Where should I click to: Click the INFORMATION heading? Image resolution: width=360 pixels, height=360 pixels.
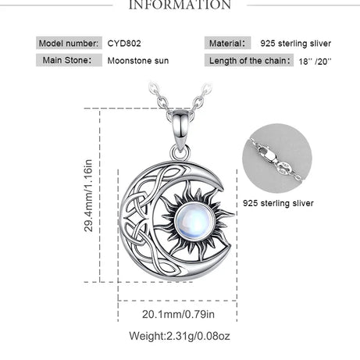[180, 5]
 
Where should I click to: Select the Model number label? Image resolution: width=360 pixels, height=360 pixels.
[69, 43]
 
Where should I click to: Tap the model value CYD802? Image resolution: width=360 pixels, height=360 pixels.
[124, 43]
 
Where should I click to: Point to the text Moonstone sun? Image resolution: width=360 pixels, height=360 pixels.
[138, 61]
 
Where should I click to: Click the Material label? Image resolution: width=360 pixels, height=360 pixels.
[227, 43]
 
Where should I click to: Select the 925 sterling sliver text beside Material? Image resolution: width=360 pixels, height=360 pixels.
[296, 44]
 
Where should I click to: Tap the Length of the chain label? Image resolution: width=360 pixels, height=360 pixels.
[250, 61]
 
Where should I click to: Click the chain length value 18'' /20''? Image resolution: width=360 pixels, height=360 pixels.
[315, 62]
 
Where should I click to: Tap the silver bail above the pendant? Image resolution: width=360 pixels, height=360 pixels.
[180, 130]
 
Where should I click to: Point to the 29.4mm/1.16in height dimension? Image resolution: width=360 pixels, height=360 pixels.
[88, 195]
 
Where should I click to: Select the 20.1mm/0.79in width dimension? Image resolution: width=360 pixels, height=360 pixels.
[178, 314]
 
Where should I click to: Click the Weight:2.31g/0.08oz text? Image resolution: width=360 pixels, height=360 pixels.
[180, 336]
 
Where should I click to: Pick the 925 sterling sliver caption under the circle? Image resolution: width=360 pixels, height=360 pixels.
[278, 203]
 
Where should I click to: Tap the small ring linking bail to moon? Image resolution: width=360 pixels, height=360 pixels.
[180, 153]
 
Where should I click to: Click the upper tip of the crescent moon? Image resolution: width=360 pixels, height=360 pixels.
[222, 188]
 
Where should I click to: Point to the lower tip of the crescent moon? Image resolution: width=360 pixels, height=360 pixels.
[230, 245]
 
